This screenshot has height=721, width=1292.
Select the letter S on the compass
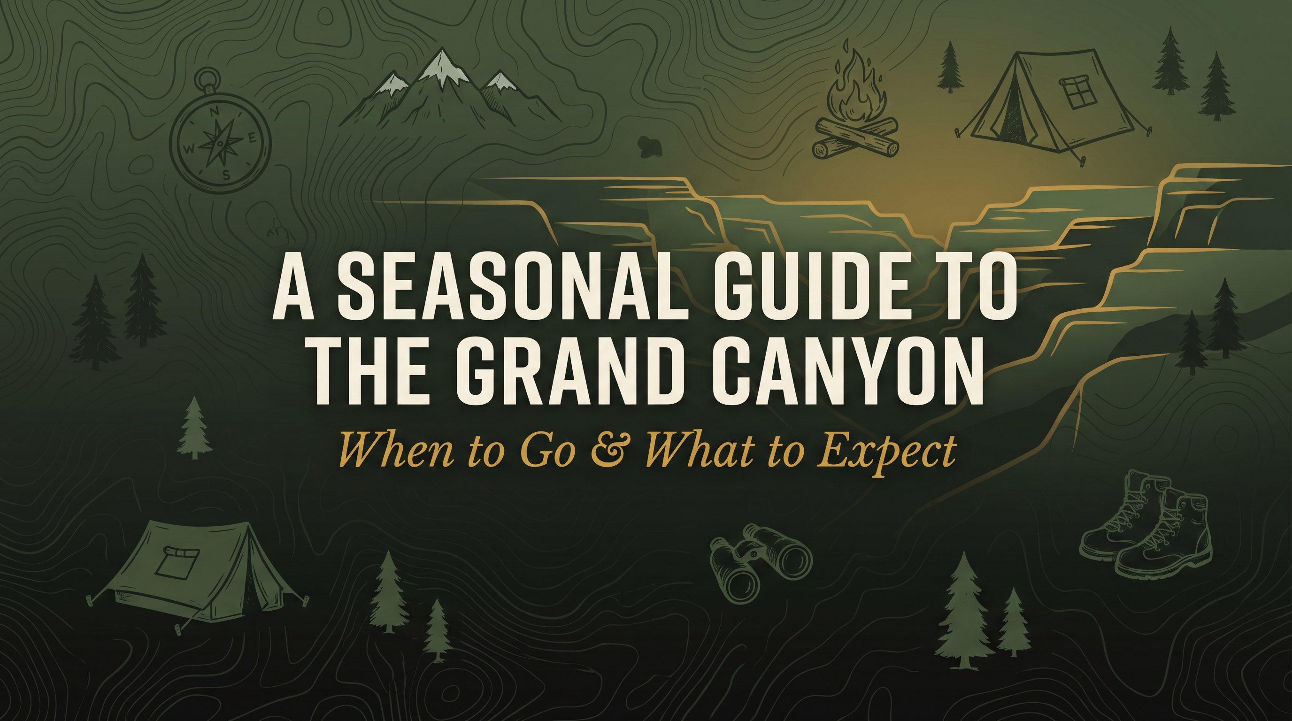226,175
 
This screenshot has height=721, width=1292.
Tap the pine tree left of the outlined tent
949,68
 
